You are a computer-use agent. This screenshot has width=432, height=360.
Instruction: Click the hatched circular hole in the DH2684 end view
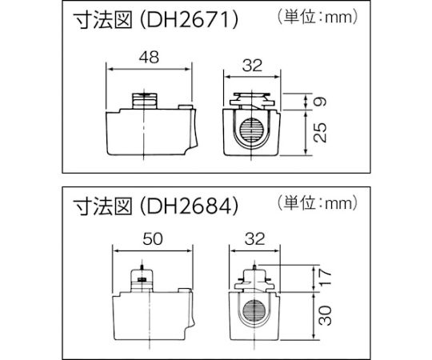click(x=254, y=312)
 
